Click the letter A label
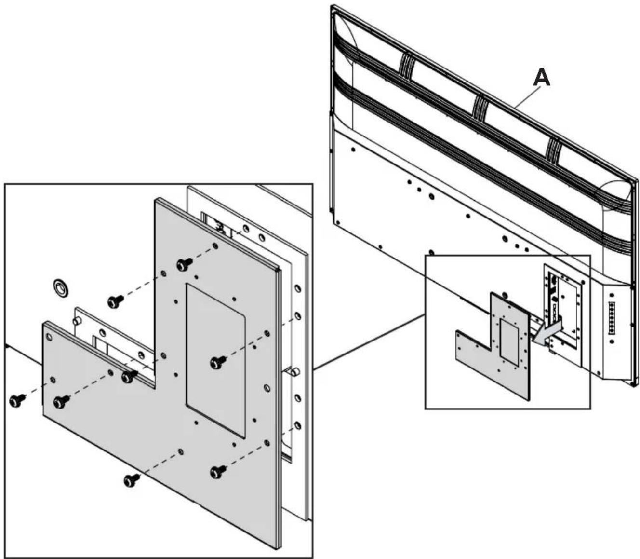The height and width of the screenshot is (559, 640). [x=542, y=78]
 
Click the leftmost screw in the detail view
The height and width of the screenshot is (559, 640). [x=18, y=400]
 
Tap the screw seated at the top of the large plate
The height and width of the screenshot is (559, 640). [x=184, y=264]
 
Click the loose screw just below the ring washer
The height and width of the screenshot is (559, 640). [x=115, y=301]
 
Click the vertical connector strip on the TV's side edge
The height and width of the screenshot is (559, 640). [x=613, y=318]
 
